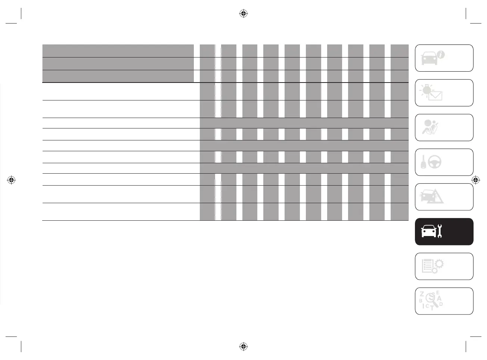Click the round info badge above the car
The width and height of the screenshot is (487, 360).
click(x=441, y=55)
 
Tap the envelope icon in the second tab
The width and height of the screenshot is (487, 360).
click(x=435, y=95)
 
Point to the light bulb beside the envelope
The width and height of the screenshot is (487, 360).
click(x=425, y=90)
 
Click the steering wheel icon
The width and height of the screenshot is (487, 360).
click(x=435, y=162)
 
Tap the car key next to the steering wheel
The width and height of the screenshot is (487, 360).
click(x=423, y=162)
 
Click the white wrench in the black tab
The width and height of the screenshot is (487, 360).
click(x=439, y=231)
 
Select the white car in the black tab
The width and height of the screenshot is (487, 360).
click(x=428, y=232)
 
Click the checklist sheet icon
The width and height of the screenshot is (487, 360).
click(x=426, y=266)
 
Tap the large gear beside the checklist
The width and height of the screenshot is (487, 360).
click(x=439, y=264)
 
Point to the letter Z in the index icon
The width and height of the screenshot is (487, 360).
click(x=422, y=294)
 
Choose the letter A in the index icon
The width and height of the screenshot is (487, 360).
click(x=439, y=298)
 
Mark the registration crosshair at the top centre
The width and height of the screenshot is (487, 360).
click(x=243, y=14)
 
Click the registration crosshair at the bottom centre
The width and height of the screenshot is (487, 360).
click(x=243, y=346)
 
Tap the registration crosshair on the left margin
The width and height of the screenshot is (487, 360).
click(x=11, y=180)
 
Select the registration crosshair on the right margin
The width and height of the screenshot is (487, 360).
click(x=475, y=180)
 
